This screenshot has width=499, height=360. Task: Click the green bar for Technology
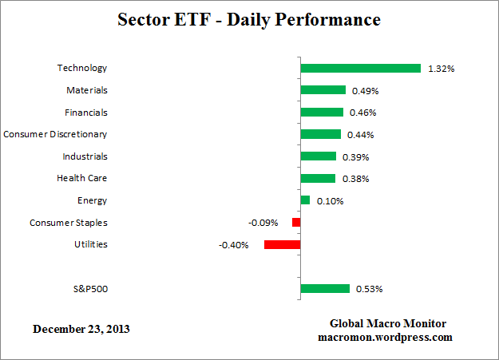point(360,69)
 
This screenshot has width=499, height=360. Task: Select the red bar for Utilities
point(282,244)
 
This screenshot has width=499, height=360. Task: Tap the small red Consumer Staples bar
point(295,223)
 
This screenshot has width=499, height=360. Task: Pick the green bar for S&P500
point(325,288)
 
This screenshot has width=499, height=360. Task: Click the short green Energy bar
point(305,200)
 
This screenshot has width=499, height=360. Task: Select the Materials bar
point(323,90)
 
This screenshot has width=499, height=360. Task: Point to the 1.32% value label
point(441,69)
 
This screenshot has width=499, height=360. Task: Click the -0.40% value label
point(234,245)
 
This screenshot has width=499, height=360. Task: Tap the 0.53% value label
point(370,289)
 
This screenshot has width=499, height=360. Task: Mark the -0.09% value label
point(265,223)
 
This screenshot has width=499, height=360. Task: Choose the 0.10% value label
point(330,201)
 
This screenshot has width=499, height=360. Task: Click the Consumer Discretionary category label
point(55,134)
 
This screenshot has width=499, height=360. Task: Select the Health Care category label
point(81,178)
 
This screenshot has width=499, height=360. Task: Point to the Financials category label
point(85,113)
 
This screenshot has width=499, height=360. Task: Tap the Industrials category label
point(85,156)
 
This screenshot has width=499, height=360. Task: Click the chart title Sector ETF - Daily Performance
point(249,19)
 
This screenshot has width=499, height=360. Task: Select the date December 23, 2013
point(81,329)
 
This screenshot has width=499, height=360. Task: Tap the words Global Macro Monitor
point(388,323)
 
